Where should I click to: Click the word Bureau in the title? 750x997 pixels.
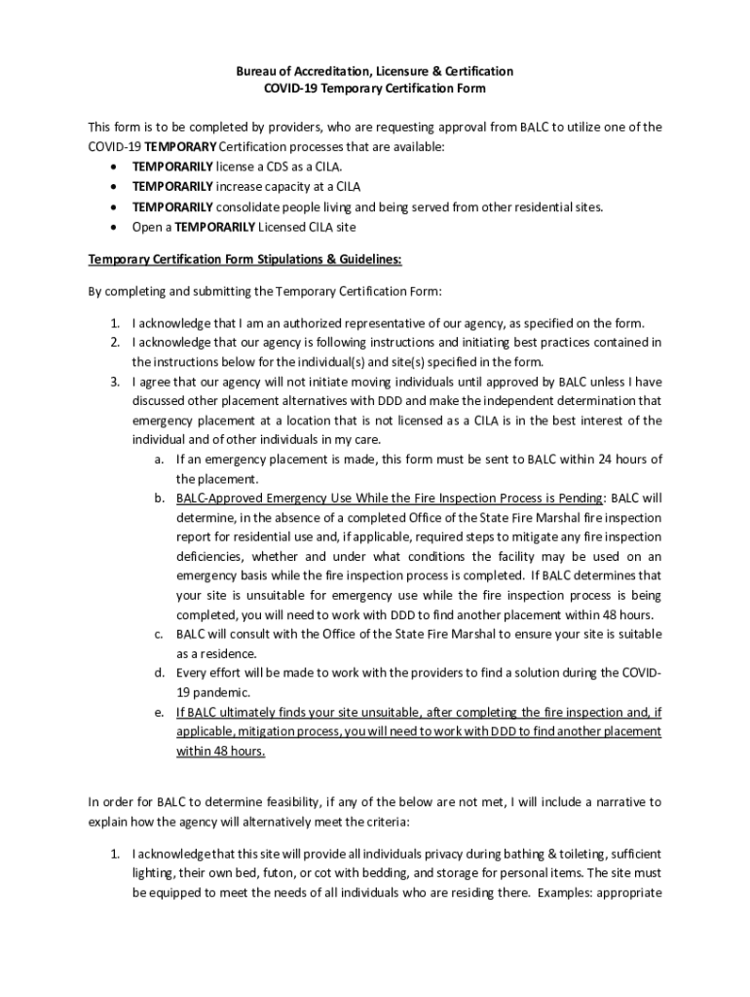click(257, 72)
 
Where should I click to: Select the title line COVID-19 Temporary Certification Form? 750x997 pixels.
click(374, 90)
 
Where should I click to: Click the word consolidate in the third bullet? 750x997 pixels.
click(256, 206)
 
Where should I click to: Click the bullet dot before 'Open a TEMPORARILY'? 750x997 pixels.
click(116, 227)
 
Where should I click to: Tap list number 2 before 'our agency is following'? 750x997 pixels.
click(114, 343)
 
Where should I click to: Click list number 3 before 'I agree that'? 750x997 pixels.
click(114, 382)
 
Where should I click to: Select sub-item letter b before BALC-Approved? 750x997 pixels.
click(158, 498)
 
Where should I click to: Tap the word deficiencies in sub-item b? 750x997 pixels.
click(208, 557)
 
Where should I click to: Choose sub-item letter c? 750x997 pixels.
click(158, 635)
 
